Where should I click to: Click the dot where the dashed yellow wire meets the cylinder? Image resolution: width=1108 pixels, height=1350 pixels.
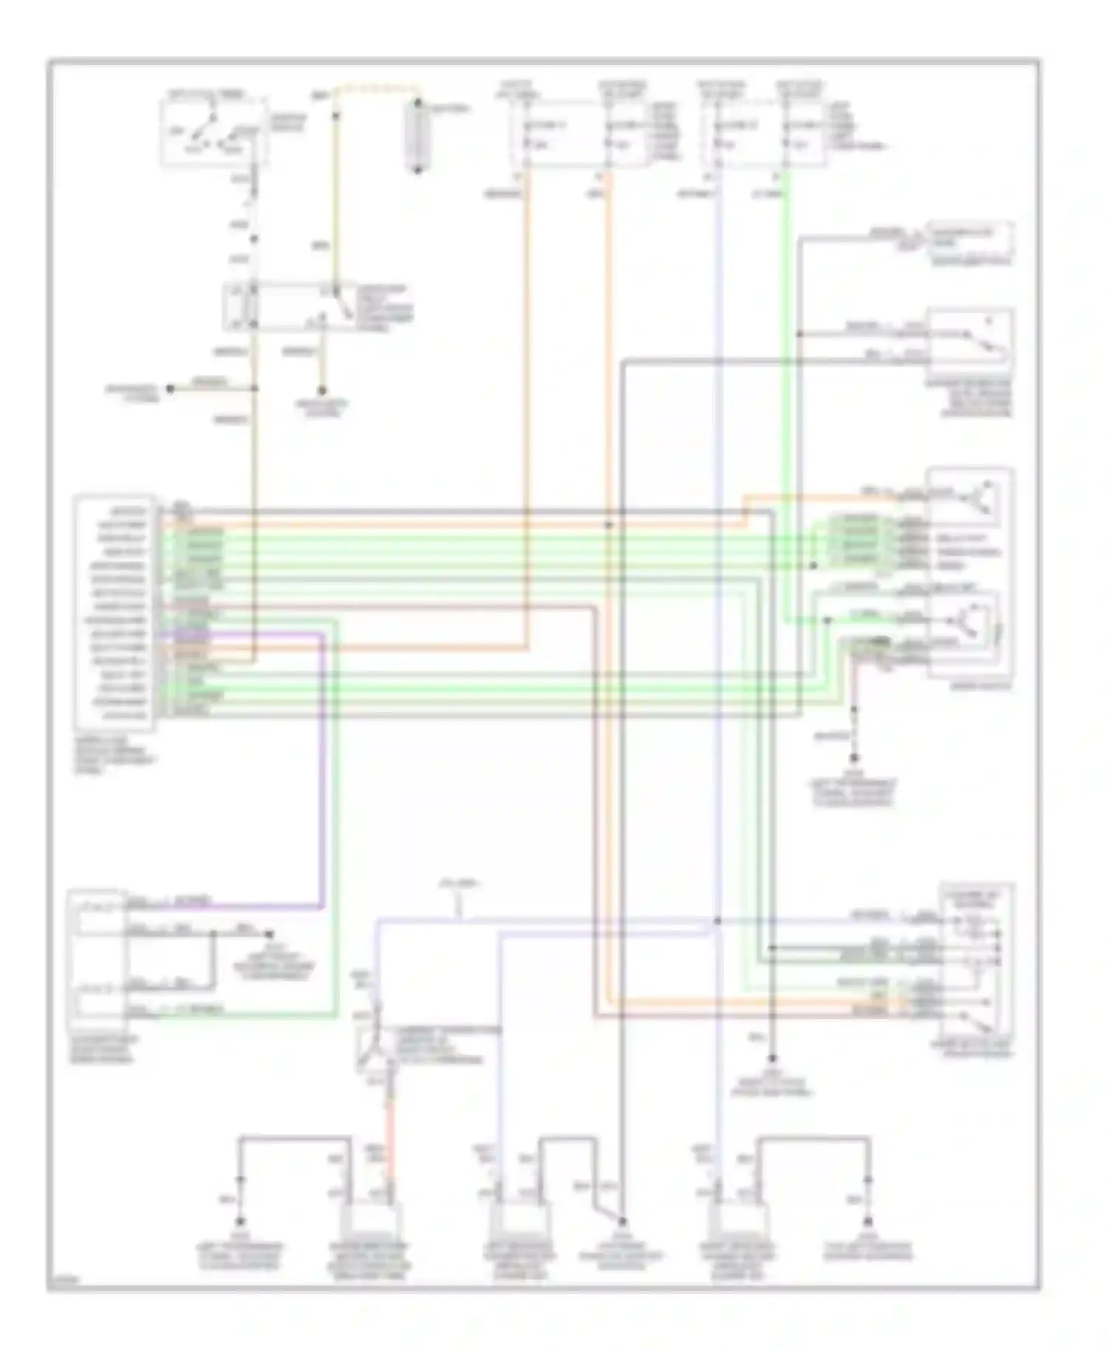tap(417, 102)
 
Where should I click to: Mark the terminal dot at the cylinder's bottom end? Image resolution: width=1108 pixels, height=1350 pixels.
tap(417, 171)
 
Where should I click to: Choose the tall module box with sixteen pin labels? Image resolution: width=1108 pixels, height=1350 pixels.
tap(114, 612)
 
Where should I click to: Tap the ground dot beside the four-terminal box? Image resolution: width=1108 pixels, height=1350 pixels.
tap(270, 934)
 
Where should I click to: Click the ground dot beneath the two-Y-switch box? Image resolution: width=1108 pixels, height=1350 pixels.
tap(855, 758)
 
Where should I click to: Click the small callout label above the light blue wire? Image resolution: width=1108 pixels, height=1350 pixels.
tap(459, 884)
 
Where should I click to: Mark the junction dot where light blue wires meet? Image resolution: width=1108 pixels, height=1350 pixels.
tap(717, 921)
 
